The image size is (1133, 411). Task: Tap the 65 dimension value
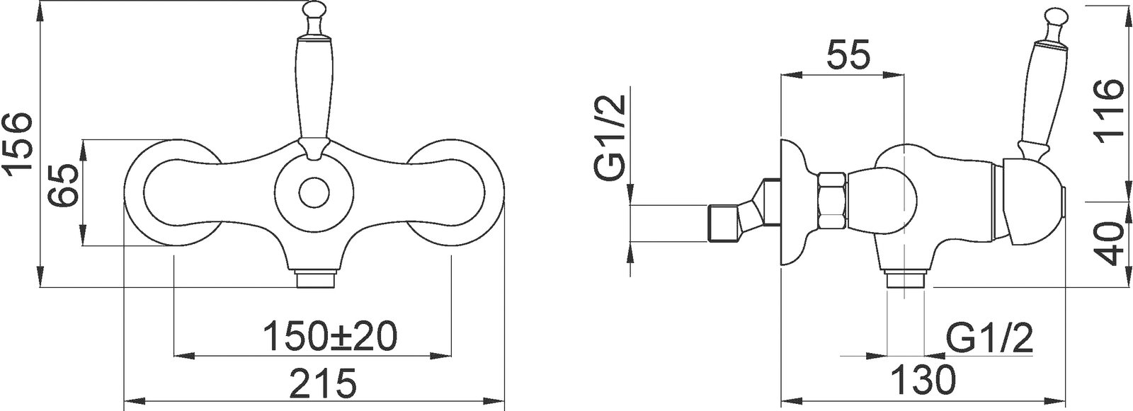[x=64, y=185]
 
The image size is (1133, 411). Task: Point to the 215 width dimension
[x=323, y=382]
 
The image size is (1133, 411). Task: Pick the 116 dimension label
[x=1107, y=112]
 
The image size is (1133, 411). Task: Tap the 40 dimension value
[x=1107, y=244]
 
